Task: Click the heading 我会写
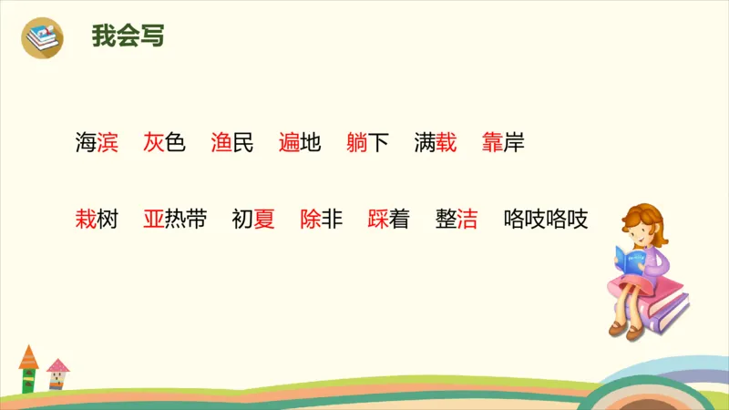click(x=128, y=36)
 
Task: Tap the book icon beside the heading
click(x=42, y=36)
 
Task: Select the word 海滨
click(x=97, y=143)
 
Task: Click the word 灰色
click(x=164, y=143)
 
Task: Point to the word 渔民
click(x=231, y=143)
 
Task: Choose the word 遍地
click(x=300, y=143)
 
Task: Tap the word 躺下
click(x=367, y=143)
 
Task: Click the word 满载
click(x=435, y=143)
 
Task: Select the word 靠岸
click(x=503, y=143)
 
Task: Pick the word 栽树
click(x=97, y=220)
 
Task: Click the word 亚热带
click(x=175, y=220)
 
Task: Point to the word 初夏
click(x=253, y=220)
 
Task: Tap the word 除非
click(x=321, y=220)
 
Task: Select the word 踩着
click(x=388, y=220)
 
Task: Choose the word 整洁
click(x=457, y=220)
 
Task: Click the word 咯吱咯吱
click(x=546, y=220)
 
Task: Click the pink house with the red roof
click(x=57, y=374)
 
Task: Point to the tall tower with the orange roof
click(x=29, y=368)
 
